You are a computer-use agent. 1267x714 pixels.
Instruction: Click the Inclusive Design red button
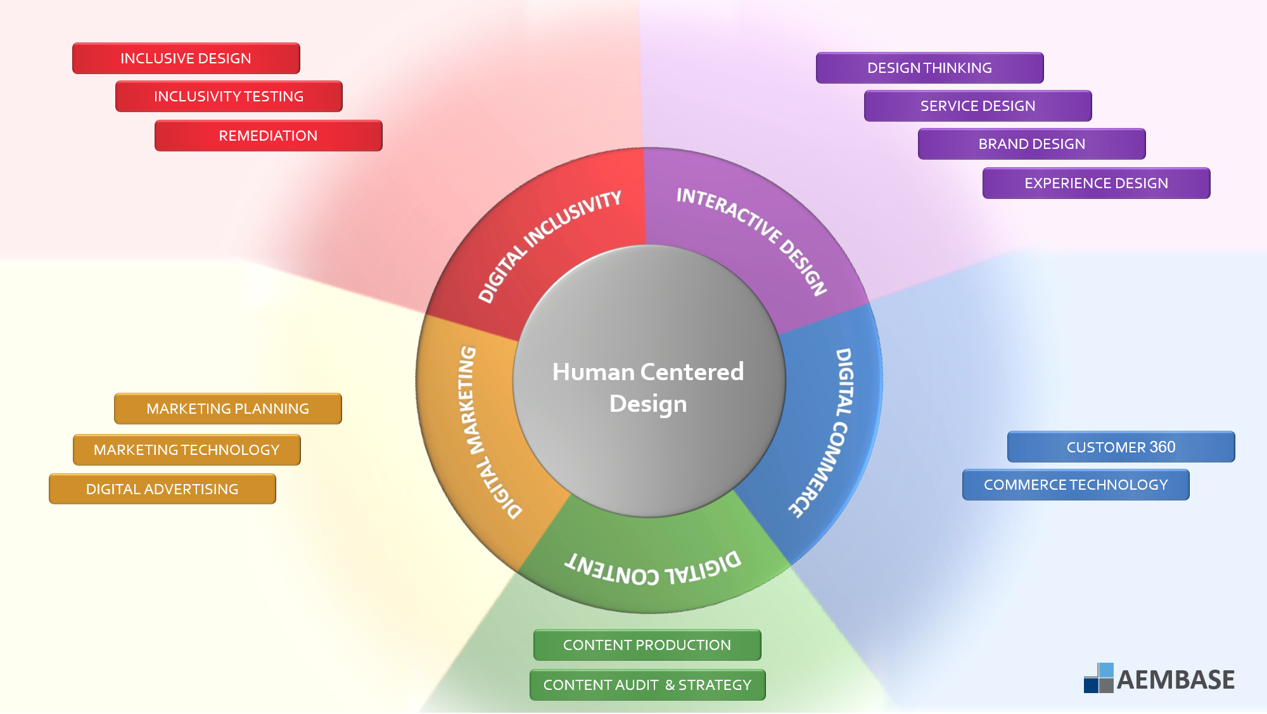coord(186,58)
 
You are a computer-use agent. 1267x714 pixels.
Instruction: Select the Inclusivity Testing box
coord(229,96)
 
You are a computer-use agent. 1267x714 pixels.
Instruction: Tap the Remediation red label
coord(268,136)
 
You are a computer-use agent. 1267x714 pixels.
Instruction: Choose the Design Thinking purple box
coord(929,68)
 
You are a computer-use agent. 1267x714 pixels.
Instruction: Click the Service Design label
coord(977,106)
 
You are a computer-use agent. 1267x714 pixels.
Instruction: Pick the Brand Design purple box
coord(1031,144)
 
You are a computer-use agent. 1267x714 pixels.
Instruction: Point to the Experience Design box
coord(1096,183)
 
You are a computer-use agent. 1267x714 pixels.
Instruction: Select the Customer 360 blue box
coord(1121,447)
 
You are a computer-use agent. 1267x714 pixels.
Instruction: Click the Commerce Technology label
coord(1075,485)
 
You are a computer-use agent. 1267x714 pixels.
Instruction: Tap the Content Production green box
coord(647,645)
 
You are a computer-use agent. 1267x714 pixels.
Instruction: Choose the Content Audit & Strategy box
coord(647,685)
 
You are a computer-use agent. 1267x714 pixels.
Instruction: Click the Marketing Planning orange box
coord(227,409)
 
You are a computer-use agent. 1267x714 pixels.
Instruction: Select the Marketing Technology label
coord(186,450)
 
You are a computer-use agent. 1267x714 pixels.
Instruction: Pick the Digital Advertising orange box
coord(162,489)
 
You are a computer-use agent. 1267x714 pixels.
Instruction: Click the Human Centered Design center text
coord(648,387)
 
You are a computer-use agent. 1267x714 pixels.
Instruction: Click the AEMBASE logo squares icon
coord(1098,679)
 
